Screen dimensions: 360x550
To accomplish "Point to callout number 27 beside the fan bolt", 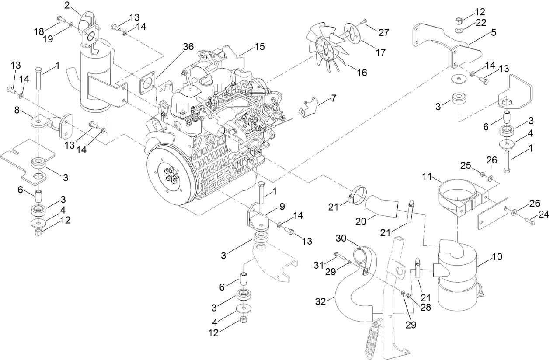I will tap(383, 32).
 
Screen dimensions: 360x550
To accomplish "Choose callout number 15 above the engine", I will tap(259, 46).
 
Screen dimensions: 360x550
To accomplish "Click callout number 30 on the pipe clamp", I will tap(341, 238).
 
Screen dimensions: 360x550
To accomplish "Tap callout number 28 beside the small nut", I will tap(425, 307).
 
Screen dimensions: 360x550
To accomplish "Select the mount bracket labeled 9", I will tap(258, 218).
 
